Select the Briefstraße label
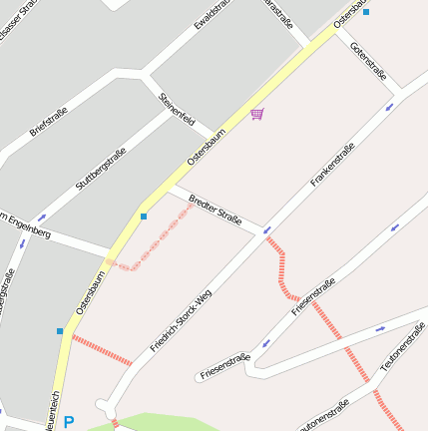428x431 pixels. [48, 122]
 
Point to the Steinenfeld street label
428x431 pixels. [177, 110]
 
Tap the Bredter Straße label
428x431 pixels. [214, 211]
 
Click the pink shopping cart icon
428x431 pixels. [257, 114]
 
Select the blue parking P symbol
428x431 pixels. [68, 422]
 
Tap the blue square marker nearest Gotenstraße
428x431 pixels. [366, 12]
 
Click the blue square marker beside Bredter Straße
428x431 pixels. [144, 215]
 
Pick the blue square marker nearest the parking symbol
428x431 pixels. [60, 330]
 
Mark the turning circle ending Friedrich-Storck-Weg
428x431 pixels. [104, 405]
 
